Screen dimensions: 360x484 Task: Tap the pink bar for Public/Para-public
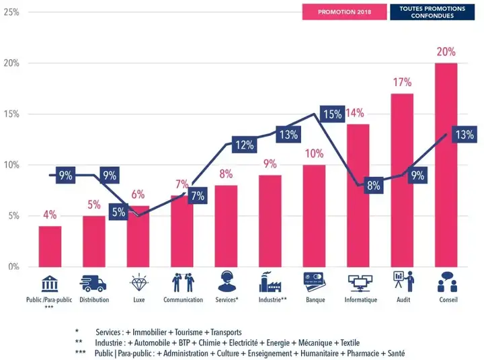50,246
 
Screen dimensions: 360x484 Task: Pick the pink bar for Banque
315,215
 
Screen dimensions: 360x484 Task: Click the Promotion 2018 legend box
344,12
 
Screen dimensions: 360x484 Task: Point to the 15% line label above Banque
332,114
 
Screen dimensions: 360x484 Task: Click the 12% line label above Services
243,144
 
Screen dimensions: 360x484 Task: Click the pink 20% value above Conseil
446,52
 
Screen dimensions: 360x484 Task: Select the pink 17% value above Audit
402,82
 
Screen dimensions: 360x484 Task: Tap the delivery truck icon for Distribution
94,283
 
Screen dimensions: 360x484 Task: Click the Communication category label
183,300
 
